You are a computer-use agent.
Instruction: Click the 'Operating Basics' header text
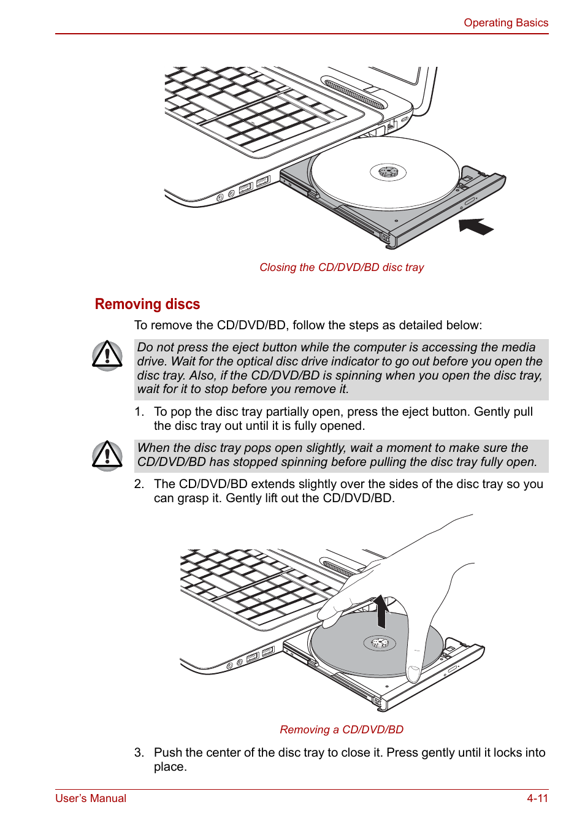(505, 23)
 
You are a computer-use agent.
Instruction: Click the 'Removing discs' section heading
(147, 304)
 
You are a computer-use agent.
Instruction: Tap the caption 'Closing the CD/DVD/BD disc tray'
(341, 267)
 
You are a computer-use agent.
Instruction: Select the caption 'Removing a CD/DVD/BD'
(341, 730)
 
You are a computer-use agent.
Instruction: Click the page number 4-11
(537, 798)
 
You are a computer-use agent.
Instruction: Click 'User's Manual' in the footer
(91, 798)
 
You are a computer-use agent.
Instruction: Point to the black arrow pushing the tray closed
(475, 226)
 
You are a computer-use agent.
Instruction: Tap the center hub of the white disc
(388, 172)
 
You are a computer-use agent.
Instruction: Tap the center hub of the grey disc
(380, 643)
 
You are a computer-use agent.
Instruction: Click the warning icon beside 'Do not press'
(107, 356)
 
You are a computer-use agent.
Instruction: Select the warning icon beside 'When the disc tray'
(107, 456)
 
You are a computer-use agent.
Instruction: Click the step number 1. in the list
(139, 412)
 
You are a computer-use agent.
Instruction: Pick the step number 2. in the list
(139, 484)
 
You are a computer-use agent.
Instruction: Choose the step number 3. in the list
(139, 753)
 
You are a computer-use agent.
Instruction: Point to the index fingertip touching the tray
(413, 674)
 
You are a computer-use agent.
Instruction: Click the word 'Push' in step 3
(167, 753)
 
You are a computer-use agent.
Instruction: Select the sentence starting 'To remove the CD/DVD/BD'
(308, 326)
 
